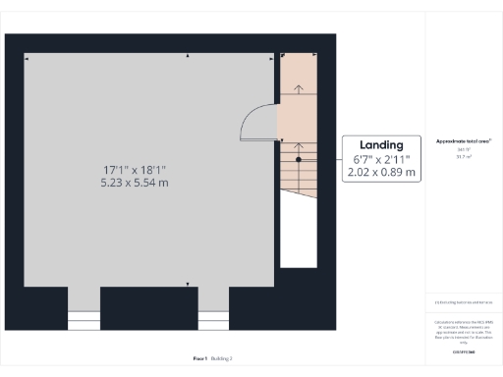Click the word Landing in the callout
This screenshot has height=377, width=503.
tap(381, 144)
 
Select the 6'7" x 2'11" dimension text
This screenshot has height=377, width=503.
tap(381, 159)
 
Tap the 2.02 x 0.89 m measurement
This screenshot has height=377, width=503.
tap(381, 173)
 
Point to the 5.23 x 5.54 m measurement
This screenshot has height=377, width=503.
tap(134, 183)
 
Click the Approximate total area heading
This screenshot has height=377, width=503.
tap(464, 140)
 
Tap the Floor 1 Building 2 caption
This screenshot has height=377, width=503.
tap(211, 359)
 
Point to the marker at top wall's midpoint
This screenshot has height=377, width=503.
tap(188, 58)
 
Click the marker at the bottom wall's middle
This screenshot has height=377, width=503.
tap(188, 284)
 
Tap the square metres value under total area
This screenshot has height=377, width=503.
tap(464, 155)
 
